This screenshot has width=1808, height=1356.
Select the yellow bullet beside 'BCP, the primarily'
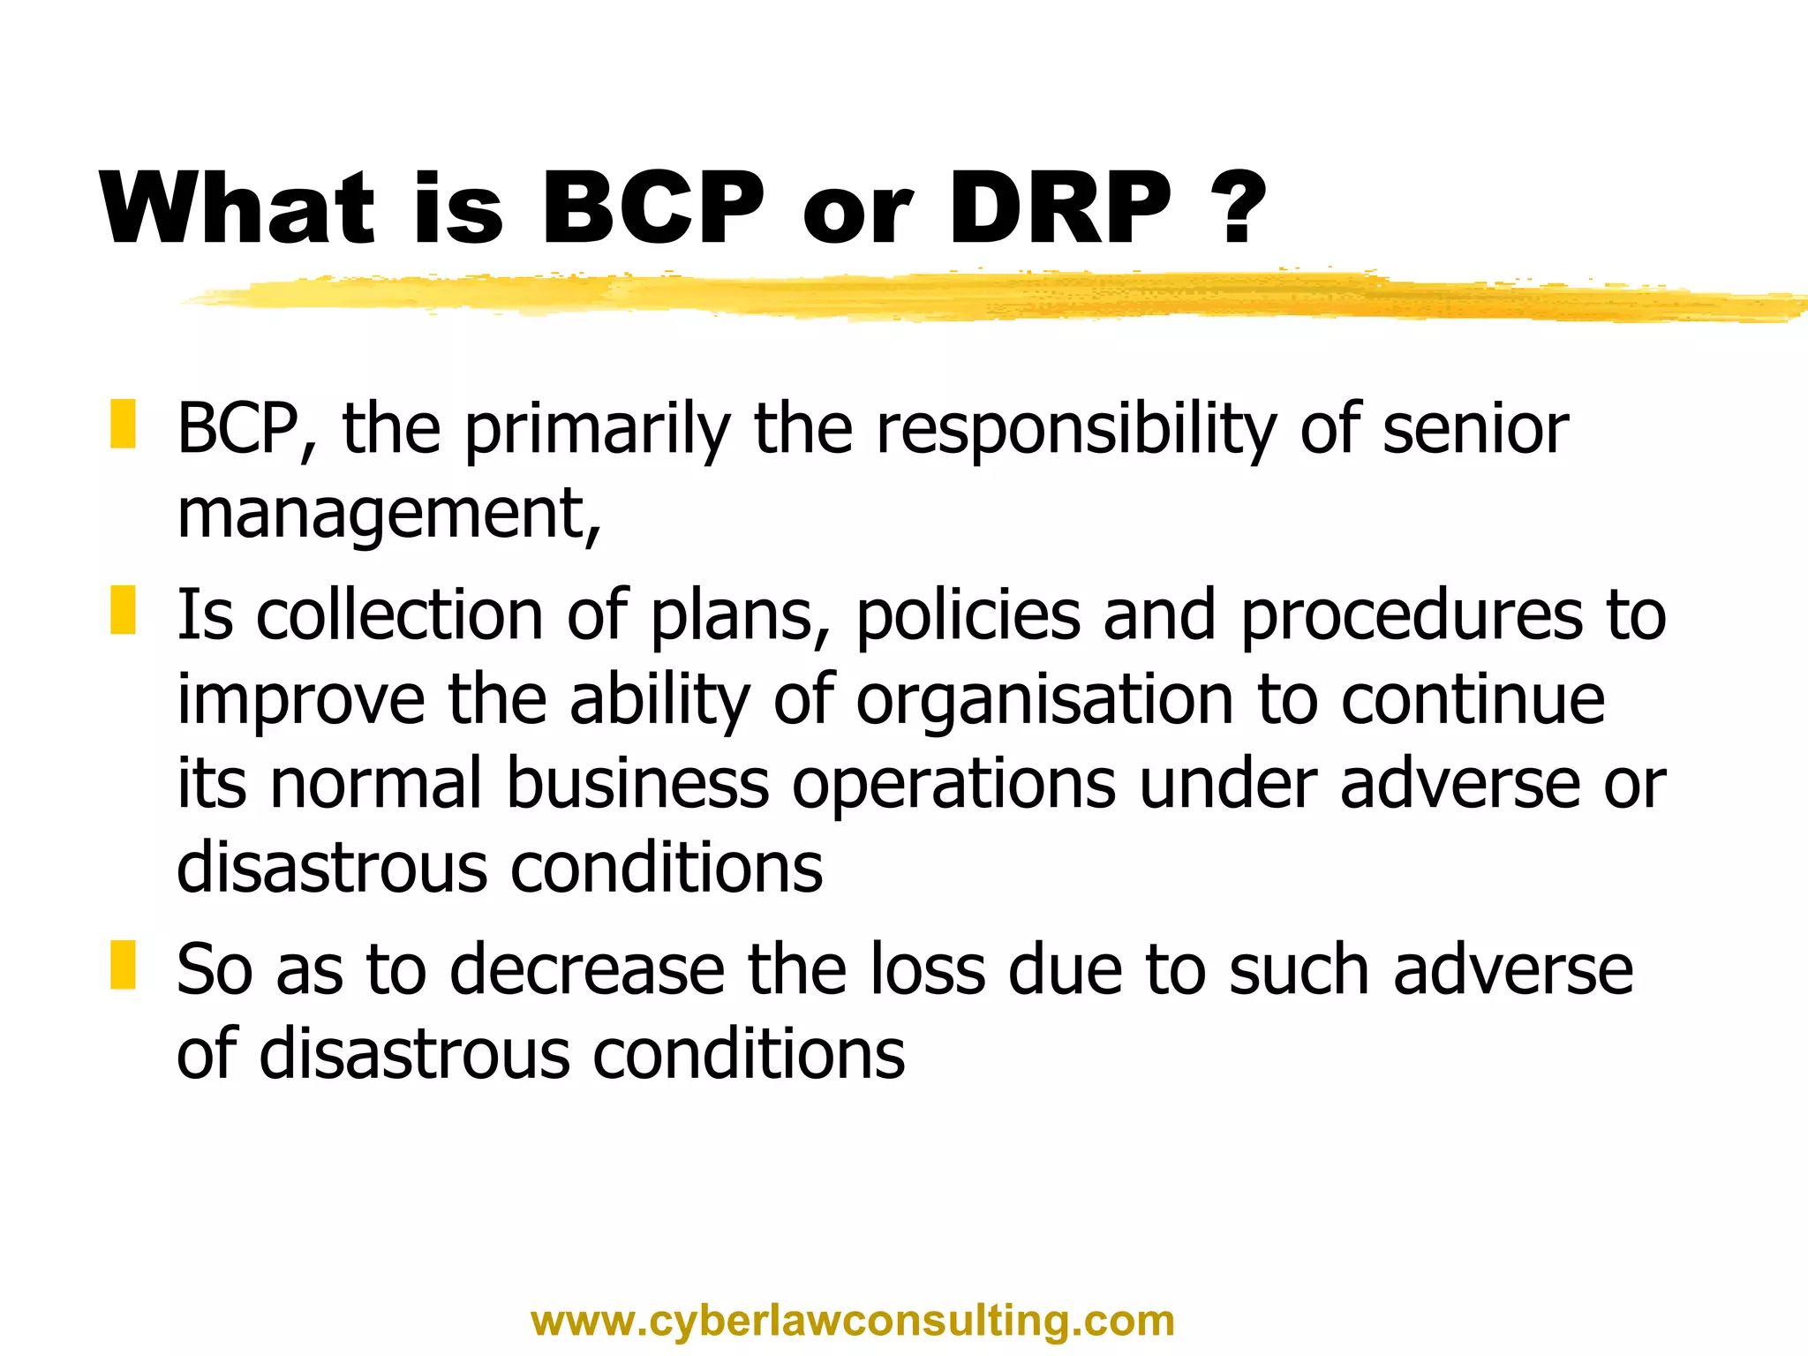click(123, 424)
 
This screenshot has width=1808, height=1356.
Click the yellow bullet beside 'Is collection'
click(123, 610)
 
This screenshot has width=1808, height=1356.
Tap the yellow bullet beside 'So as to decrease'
click(123, 965)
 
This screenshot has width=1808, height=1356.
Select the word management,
click(389, 516)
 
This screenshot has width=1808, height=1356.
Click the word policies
click(968, 616)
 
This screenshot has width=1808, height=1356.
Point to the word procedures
click(1411, 616)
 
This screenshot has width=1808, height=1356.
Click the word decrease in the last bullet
click(587, 970)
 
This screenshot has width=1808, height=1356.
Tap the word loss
click(927, 970)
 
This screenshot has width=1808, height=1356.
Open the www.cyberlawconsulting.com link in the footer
click(853, 1322)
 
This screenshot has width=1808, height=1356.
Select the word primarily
click(598, 431)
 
